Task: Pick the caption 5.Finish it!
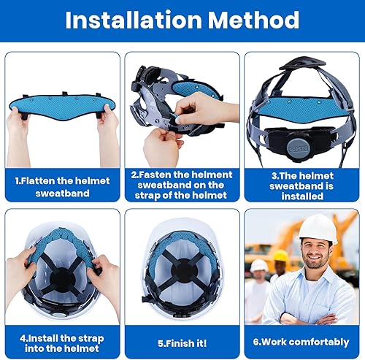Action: [182, 343]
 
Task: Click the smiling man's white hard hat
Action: [318, 229]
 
